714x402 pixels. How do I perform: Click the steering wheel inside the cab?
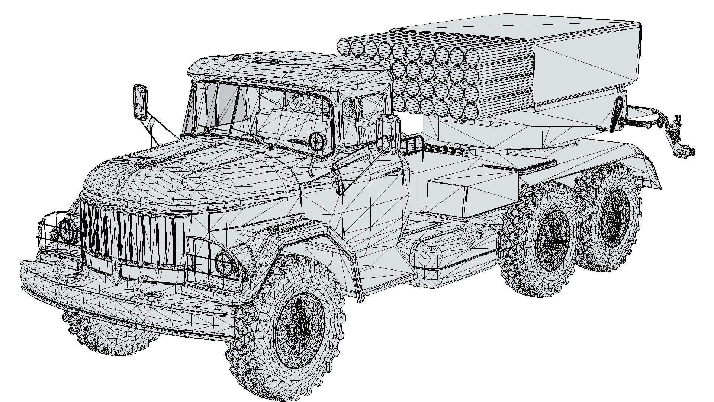coord(316,142)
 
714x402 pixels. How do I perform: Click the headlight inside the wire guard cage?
coord(68,230)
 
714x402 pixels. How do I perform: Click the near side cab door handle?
coord(393,173)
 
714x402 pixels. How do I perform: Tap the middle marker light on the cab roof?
coord(256,60)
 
